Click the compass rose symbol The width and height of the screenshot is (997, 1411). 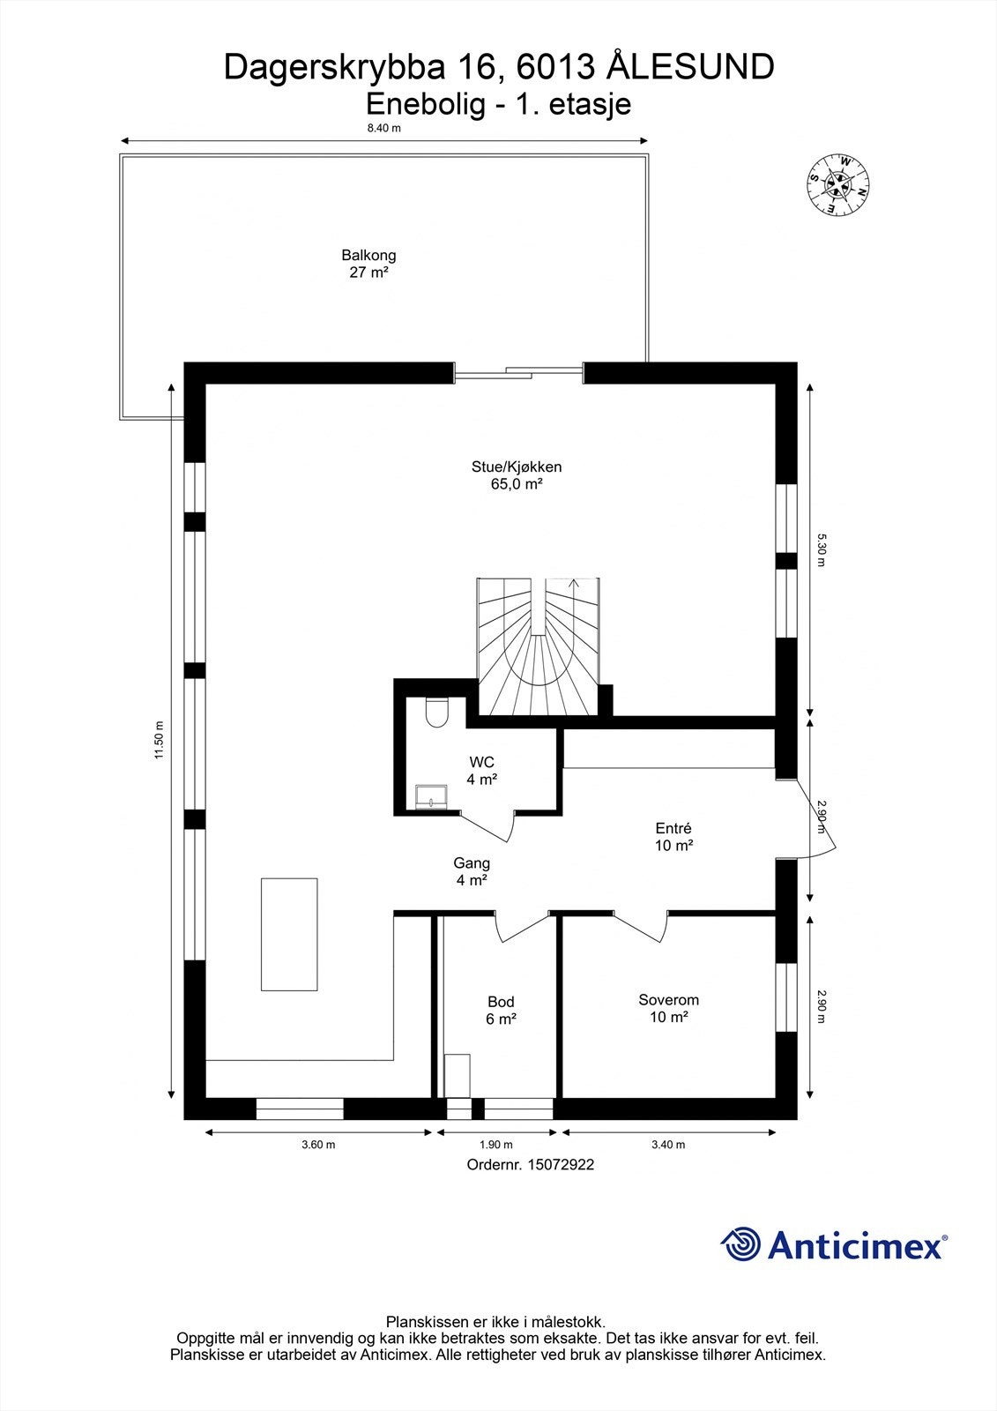[838, 185]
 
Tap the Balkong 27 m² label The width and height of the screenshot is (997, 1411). [368, 264]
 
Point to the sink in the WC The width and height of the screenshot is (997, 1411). [431, 795]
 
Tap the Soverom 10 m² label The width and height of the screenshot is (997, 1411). [668, 1008]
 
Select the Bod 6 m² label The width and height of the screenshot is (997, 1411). [501, 1010]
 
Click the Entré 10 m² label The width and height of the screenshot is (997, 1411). [673, 837]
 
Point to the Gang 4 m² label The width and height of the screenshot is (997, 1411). [472, 871]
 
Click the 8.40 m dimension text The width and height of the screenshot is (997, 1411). [384, 128]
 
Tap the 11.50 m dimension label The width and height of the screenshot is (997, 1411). [159, 739]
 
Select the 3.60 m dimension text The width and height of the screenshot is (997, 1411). [318, 1145]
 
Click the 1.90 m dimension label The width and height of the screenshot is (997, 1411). [495, 1145]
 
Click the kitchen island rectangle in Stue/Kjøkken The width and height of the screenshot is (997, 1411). [288, 934]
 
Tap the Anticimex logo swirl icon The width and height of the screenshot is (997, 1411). [740, 1244]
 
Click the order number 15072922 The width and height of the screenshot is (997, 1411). [561, 1165]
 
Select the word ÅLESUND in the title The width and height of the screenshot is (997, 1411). [692, 67]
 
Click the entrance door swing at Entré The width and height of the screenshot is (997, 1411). [815, 820]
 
